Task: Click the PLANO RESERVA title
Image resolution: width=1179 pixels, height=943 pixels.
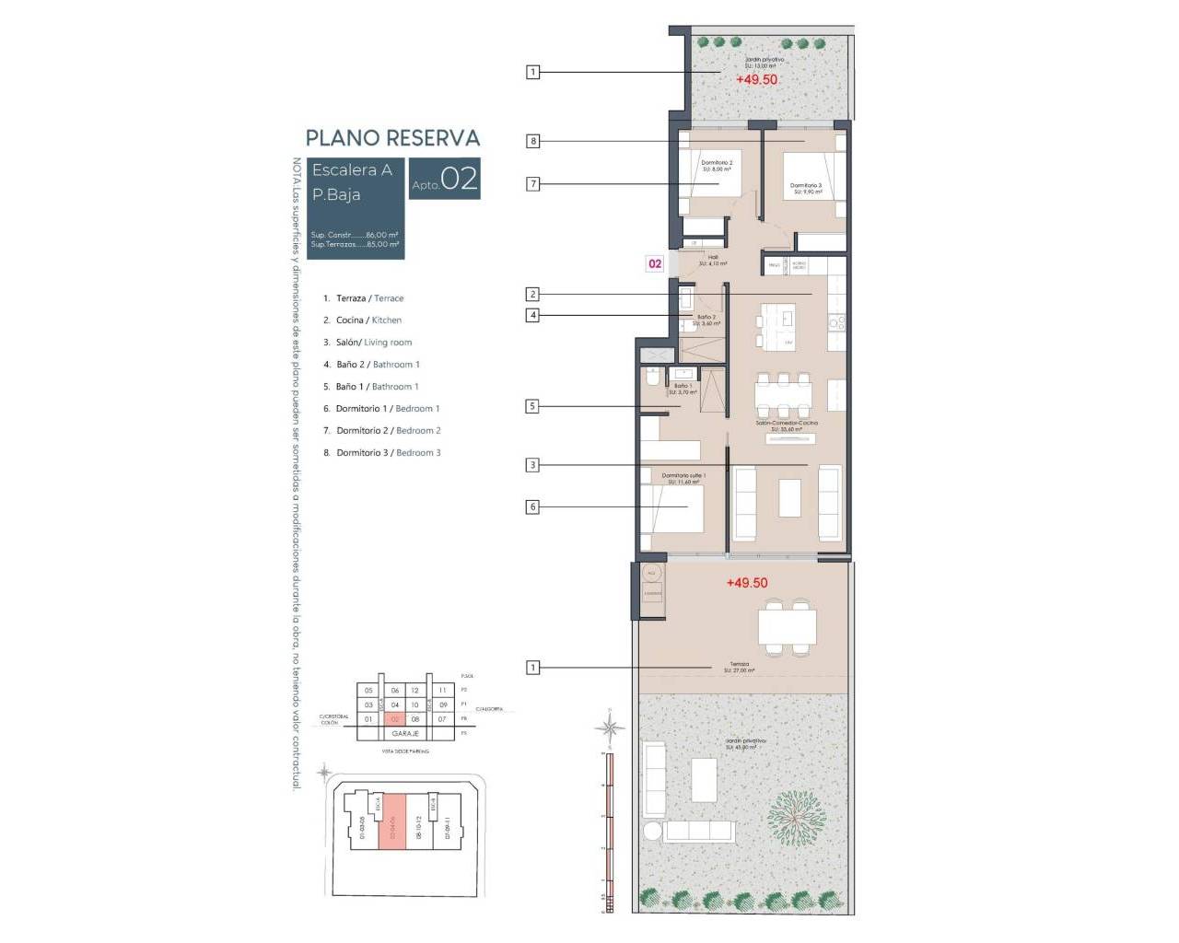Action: [392, 138]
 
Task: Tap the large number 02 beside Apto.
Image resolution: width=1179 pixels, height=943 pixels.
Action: [460, 179]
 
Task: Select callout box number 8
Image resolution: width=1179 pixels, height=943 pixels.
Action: [532, 141]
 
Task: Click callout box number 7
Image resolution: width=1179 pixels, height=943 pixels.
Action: [532, 184]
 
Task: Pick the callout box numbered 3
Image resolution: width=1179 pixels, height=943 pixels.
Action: [532, 465]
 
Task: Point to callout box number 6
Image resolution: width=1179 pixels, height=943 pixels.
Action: [532, 506]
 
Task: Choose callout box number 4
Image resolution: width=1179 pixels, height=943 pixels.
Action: [532, 315]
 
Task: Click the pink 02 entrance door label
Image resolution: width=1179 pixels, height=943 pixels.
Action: [655, 263]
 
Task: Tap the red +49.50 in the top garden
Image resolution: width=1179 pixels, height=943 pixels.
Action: [756, 80]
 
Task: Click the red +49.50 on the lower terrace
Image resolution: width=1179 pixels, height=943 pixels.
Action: [746, 583]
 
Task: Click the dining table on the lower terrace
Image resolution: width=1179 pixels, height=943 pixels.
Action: [787, 627]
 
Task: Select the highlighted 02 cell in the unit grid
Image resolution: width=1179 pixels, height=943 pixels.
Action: [395, 719]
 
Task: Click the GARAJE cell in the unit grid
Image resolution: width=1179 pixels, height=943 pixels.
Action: [405, 734]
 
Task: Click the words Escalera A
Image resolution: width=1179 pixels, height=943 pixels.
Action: [352, 170]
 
